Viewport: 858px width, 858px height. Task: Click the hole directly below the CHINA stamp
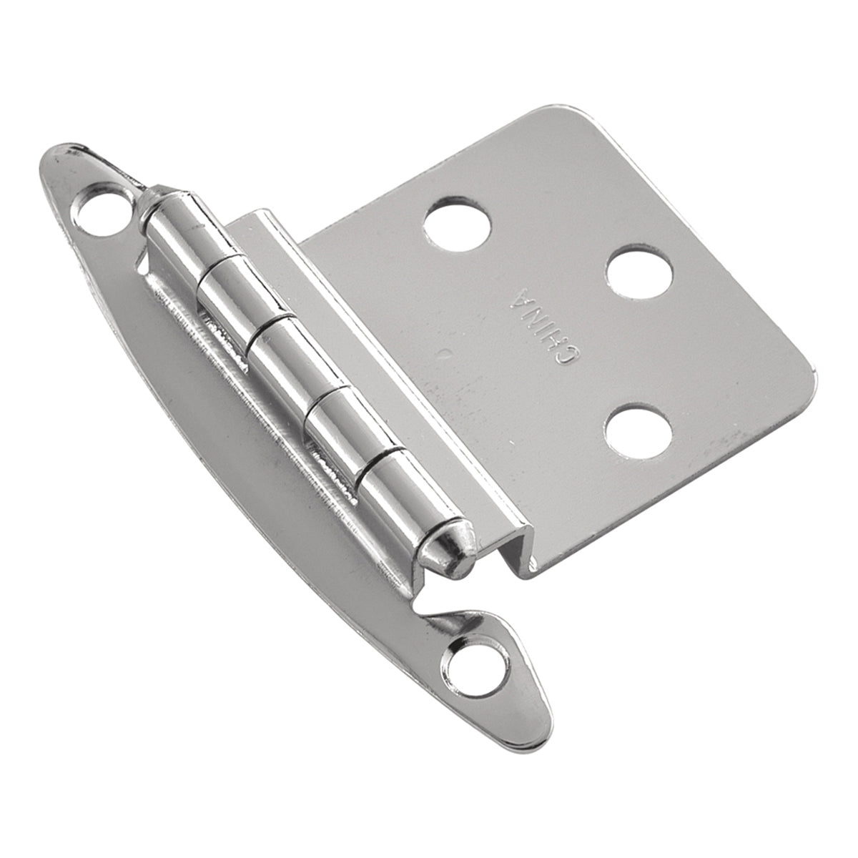pyautogui.click(x=638, y=432)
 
